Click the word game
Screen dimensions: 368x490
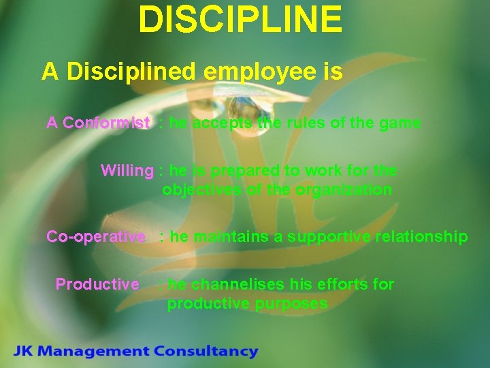(x=401, y=123)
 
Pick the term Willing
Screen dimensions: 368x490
(x=127, y=170)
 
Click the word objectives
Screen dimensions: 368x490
(x=201, y=190)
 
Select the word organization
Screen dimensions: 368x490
(x=343, y=190)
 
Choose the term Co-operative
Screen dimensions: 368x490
(x=96, y=237)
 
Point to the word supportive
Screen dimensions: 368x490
(x=325, y=237)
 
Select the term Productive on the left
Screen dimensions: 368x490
(x=97, y=284)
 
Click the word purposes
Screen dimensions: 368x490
(x=291, y=304)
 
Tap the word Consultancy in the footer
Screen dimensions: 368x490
(x=206, y=352)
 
